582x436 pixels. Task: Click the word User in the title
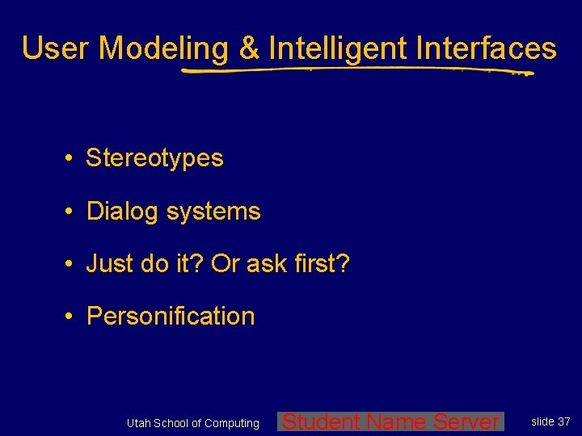56,48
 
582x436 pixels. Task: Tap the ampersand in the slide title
249,48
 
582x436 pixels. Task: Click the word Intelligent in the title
338,48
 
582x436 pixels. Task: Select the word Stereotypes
154,158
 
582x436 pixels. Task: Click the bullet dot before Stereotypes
72,158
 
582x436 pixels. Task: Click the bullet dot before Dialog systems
72,212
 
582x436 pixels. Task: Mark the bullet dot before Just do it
72,264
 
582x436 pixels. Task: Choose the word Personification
171,317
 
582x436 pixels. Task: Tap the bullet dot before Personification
72,317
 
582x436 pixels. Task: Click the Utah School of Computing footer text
193,423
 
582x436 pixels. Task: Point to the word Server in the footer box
466,421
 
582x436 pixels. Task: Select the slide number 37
563,421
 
